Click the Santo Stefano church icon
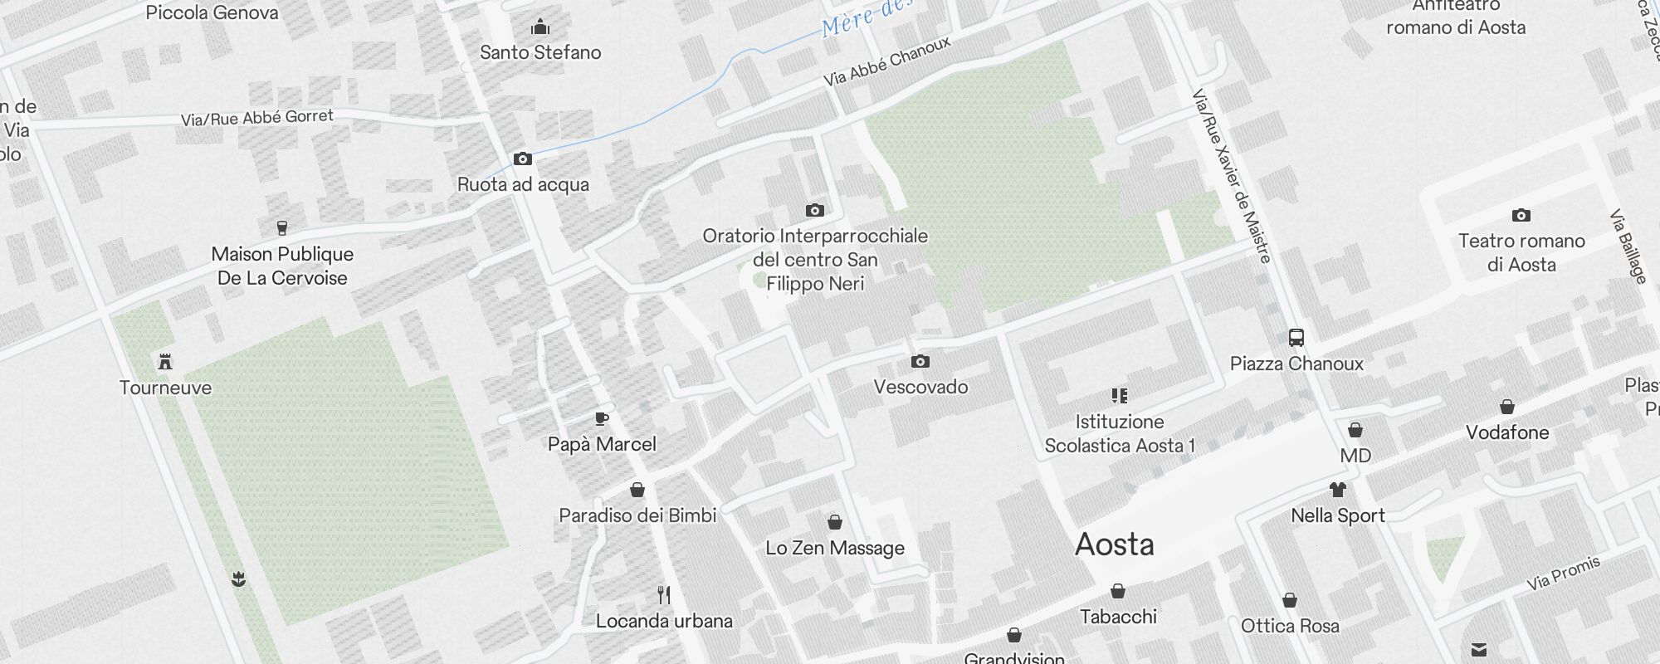[540, 27]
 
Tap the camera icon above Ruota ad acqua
[522, 159]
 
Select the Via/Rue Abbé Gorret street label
[257, 118]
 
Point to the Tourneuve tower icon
[165, 362]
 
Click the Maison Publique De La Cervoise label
[282, 266]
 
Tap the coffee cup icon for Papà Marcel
[602, 418]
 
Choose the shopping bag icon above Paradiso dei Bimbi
[637, 490]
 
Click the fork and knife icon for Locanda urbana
[663, 595]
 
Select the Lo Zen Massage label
[835, 548]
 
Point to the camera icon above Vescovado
[920, 361]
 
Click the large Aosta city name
[1115, 544]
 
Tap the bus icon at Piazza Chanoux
[1296, 338]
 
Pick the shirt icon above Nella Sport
[1337, 490]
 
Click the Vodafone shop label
[1507, 432]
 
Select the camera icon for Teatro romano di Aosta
[1521, 216]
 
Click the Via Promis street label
[1564, 574]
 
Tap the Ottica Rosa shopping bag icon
[1290, 600]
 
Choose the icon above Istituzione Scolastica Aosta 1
[1120, 396]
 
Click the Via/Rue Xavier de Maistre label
[1232, 176]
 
